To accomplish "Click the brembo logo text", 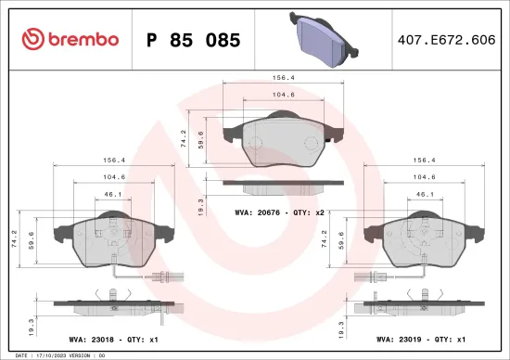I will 70,40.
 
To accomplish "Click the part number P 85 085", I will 194,40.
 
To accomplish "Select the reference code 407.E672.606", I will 446,40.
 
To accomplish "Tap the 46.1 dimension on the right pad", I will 425,195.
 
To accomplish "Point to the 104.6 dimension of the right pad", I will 425,176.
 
